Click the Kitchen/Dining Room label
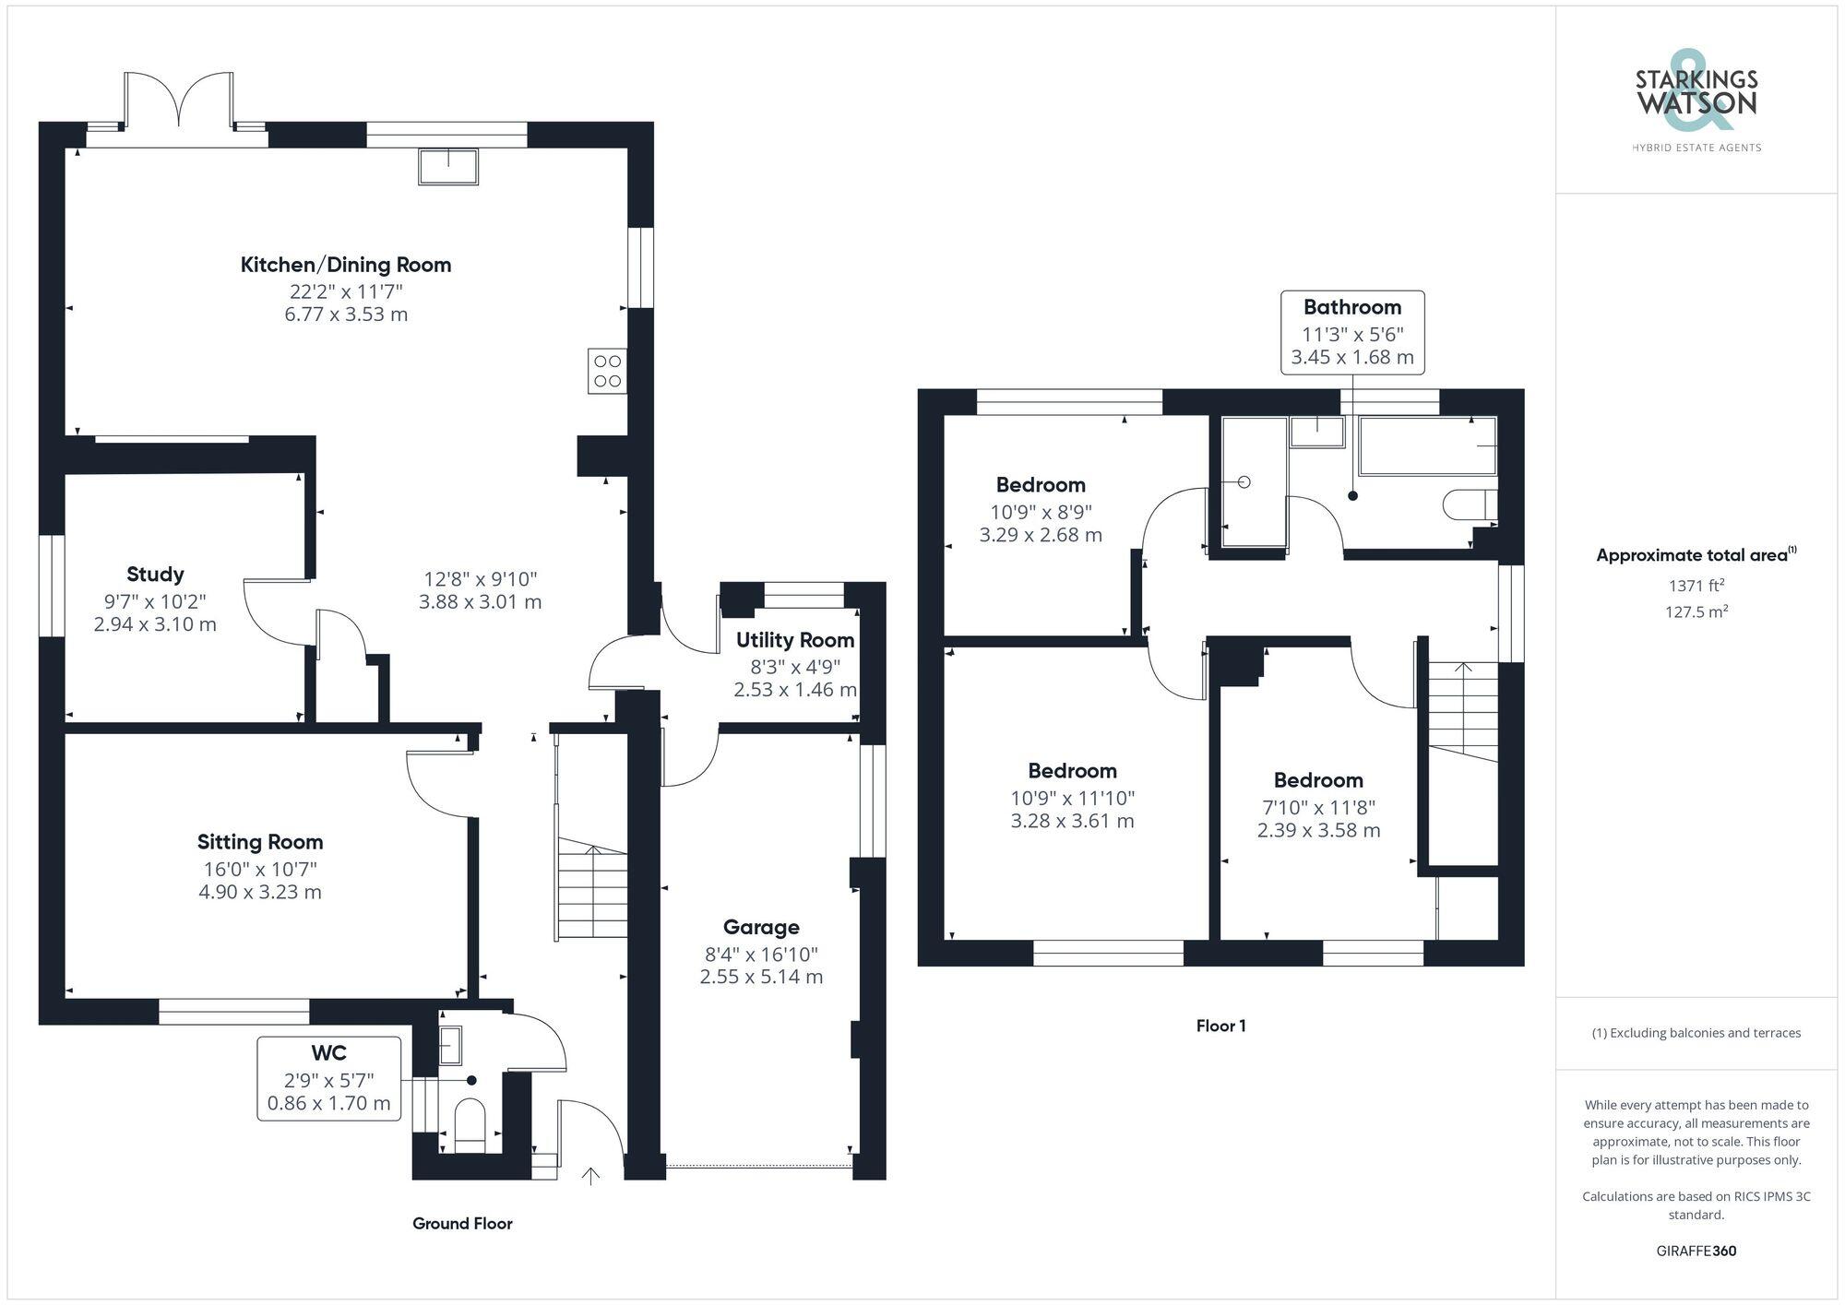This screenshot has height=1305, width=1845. coord(346,265)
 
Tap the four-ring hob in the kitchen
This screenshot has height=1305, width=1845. coord(608,371)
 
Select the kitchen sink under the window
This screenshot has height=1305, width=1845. coord(448,167)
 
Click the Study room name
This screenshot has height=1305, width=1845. coord(155,574)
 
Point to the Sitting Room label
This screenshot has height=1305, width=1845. coord(260,841)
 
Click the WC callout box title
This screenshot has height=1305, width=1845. coord(329,1052)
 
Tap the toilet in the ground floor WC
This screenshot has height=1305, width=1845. coord(470,1125)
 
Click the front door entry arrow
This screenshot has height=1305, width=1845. coord(590,1175)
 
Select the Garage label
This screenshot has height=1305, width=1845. coord(761,927)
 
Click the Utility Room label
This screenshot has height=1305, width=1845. coord(795,640)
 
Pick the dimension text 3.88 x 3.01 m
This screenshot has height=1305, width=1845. coord(480,602)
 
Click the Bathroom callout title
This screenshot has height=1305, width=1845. coord(1352,307)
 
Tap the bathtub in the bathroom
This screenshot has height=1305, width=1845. coord(1428,445)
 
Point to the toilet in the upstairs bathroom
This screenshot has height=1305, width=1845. coord(1470,505)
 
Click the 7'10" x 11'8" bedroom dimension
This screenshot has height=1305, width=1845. coord(1319,808)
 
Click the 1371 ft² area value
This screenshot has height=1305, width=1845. coord(1696,585)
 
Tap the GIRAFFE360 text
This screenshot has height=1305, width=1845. coord(1696,1252)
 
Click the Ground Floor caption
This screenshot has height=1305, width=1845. coord(462,1224)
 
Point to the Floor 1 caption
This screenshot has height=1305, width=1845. coord(1221,1026)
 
